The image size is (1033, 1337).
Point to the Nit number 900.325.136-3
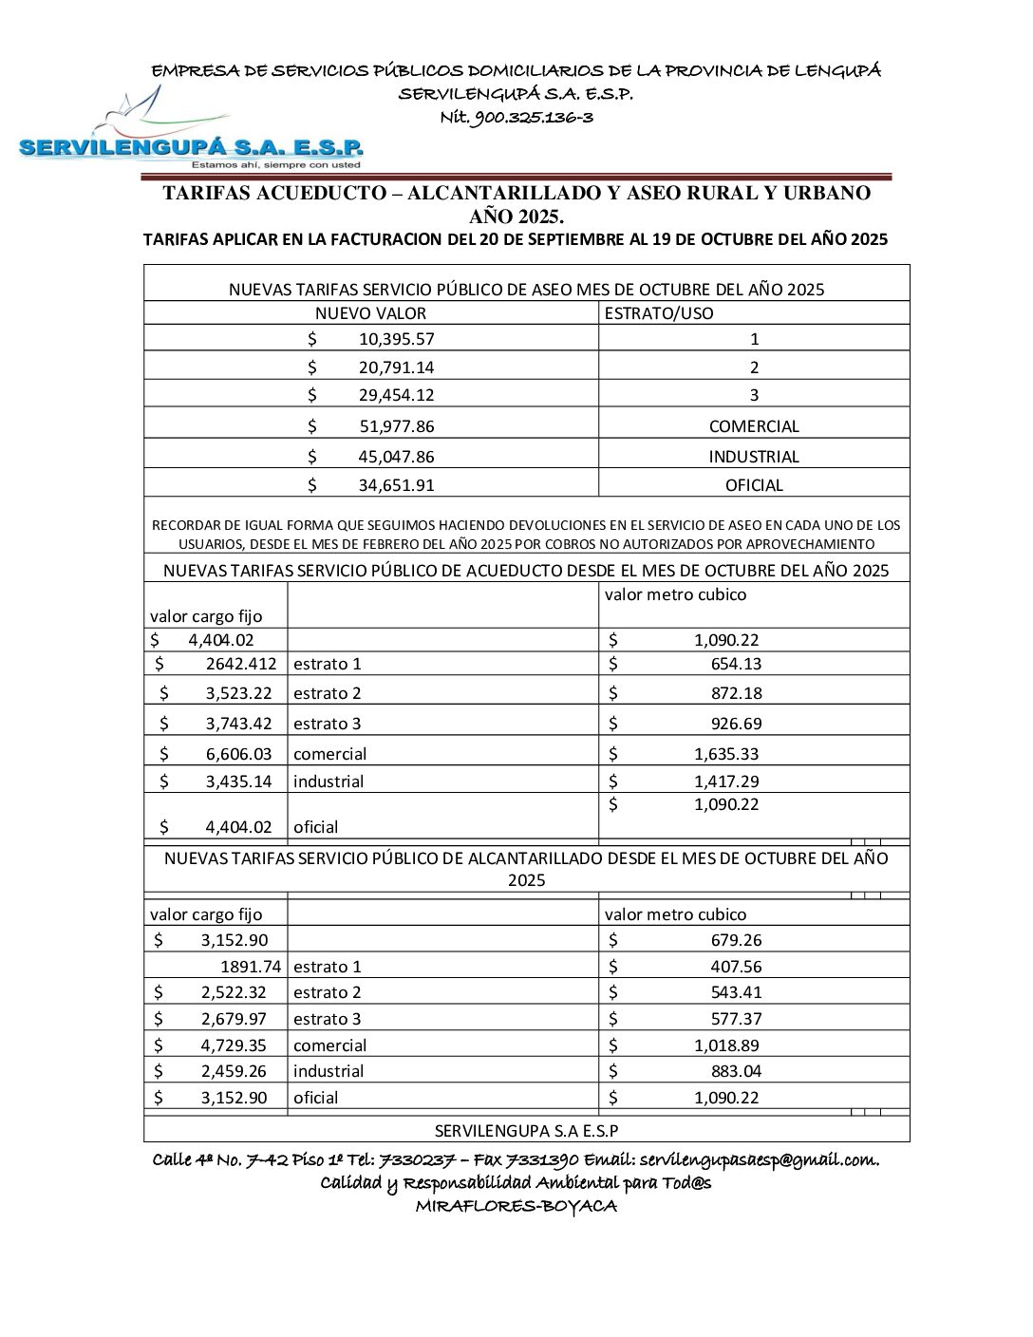pyautogui.click(x=516, y=118)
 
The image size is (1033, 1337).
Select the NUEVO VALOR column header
pyautogui.click(x=370, y=313)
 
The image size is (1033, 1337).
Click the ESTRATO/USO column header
pyautogui.click(x=658, y=313)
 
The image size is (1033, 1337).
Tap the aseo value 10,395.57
pyautogui.click(x=396, y=339)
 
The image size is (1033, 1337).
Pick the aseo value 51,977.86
pyautogui.click(x=396, y=426)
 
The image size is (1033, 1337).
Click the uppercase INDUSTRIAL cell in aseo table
pyautogui.click(x=754, y=457)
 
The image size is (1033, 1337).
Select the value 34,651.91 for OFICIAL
pyautogui.click(x=396, y=485)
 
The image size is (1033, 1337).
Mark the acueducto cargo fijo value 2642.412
pyautogui.click(x=241, y=664)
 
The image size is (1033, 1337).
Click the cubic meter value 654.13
pyautogui.click(x=736, y=664)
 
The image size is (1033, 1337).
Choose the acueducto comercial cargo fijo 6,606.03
pyautogui.click(x=238, y=754)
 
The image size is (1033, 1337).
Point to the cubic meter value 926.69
pyautogui.click(x=736, y=724)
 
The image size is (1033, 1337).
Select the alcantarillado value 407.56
pyautogui.click(x=736, y=967)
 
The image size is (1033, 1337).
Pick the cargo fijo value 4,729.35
pyautogui.click(x=234, y=1045)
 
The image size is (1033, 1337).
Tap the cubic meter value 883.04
pyautogui.click(x=736, y=1071)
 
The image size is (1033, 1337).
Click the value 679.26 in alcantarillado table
pyautogui.click(x=736, y=940)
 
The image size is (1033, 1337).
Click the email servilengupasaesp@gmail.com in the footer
pyautogui.click(x=759, y=1159)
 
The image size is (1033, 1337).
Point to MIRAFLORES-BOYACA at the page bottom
pyautogui.click(x=516, y=1207)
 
